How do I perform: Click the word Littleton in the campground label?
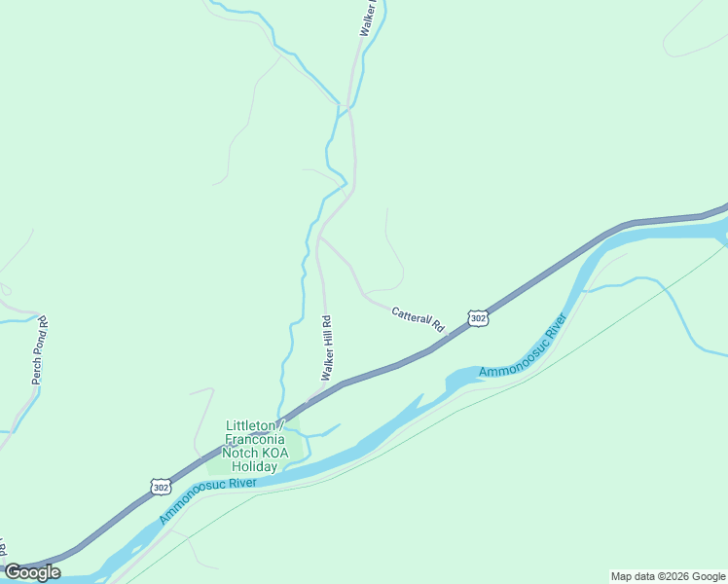(251, 425)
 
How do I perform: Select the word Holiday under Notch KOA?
(254, 466)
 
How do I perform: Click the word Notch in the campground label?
(239, 453)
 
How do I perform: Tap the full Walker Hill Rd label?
(328, 347)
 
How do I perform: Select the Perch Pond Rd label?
(40, 348)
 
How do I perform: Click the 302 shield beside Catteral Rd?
(477, 318)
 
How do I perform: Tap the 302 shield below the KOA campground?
(161, 485)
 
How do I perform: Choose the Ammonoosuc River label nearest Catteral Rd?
(522, 347)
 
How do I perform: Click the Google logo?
(32, 572)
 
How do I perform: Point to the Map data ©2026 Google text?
(668, 576)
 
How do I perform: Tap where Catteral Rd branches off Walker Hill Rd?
(320, 237)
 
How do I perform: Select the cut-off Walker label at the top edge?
(366, 18)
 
